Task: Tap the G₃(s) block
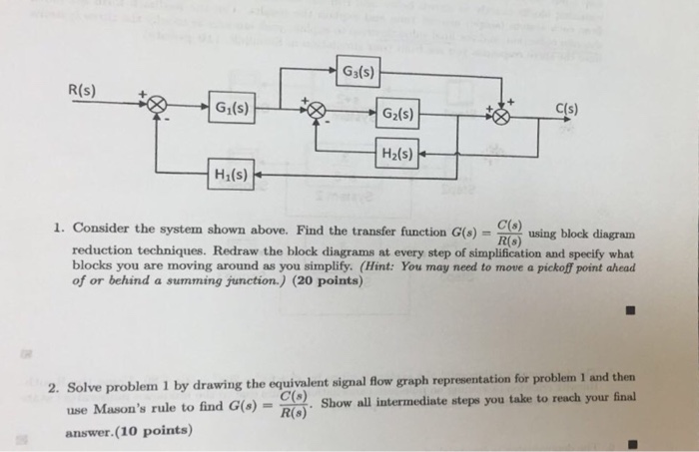[x=357, y=72]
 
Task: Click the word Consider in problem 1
[x=101, y=227]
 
